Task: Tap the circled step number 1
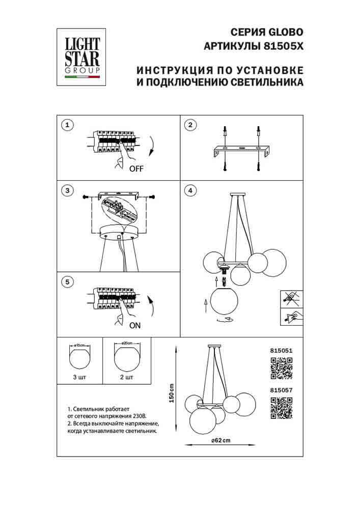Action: point(67,125)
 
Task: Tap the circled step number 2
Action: point(189,125)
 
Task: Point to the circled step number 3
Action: point(67,191)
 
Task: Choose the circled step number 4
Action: point(189,191)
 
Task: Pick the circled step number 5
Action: point(67,281)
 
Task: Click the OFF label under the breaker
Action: point(137,170)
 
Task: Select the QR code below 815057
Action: point(281,407)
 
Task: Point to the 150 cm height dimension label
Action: point(173,394)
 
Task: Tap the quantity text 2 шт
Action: point(125,378)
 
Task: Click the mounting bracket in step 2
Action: point(241,151)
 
